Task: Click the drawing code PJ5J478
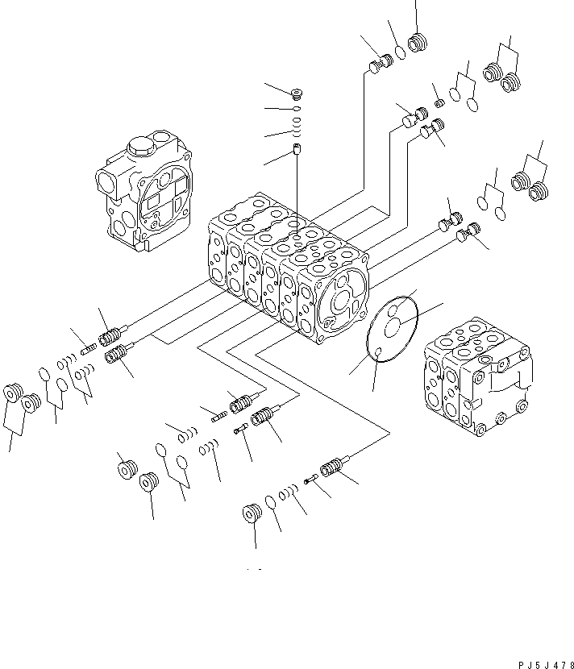[547, 665]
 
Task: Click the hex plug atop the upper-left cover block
[140, 147]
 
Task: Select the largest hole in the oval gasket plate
[392, 329]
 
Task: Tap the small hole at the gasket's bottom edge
[377, 351]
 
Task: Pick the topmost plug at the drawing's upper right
[418, 42]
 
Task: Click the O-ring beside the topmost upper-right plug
[401, 52]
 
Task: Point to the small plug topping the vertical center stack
[296, 93]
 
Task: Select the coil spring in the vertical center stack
[297, 127]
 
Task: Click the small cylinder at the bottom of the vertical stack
[297, 149]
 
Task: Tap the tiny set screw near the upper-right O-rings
[439, 103]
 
